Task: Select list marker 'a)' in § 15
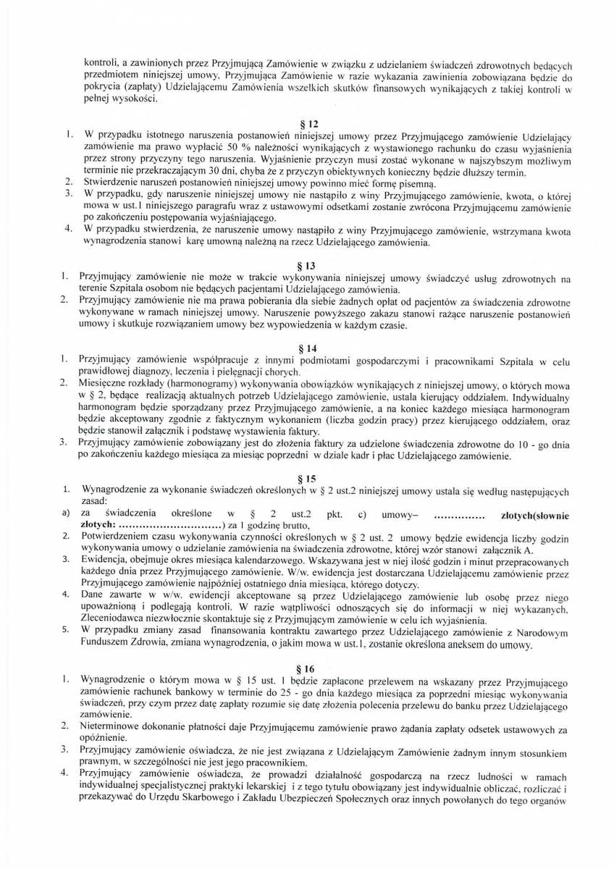coord(65,514)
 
